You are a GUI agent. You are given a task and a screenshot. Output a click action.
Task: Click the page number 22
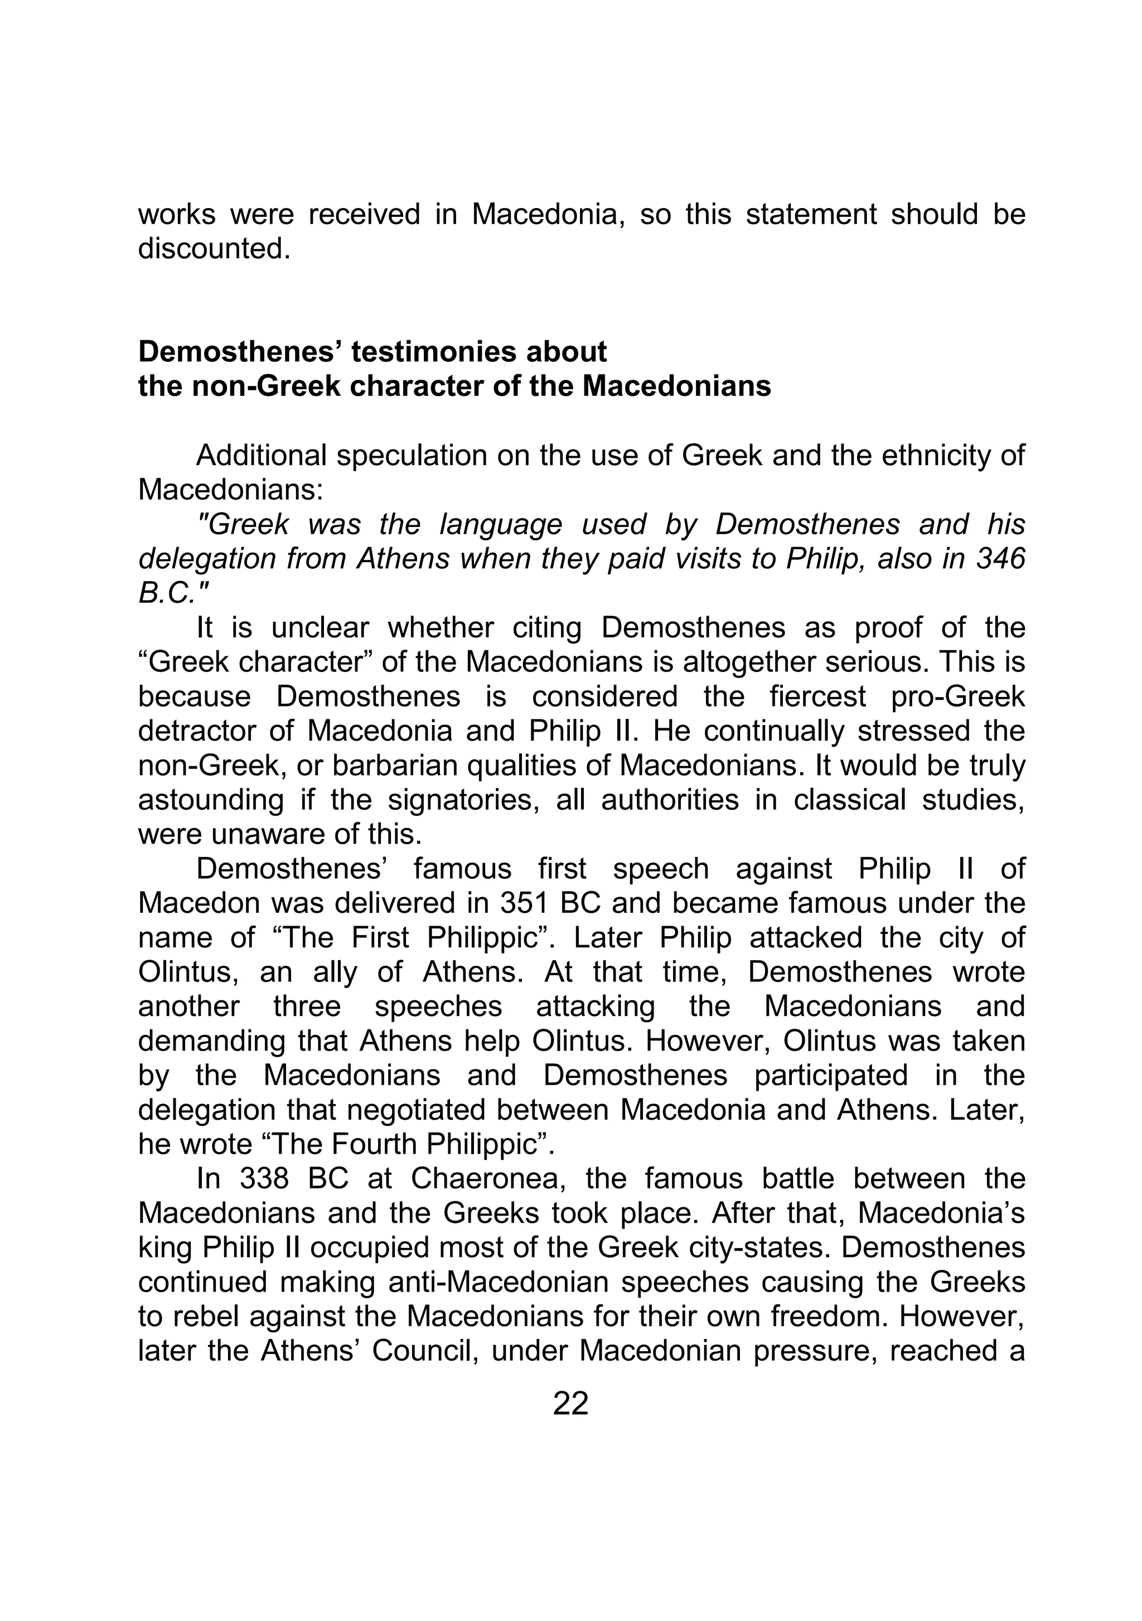tap(570, 1404)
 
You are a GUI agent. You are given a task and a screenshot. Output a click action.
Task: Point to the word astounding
tap(210, 800)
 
